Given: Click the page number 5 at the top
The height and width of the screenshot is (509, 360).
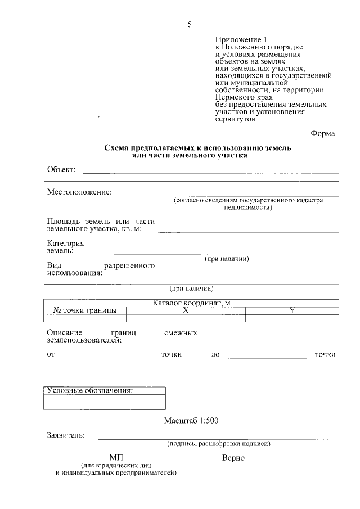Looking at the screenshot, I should [190, 24].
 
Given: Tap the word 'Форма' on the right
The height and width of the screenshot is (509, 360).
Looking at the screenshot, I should [322, 133].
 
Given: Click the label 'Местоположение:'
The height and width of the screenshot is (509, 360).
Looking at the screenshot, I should [79, 192].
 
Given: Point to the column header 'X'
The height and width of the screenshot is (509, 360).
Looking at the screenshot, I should [185, 310].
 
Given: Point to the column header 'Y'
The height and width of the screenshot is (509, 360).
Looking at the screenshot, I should [292, 310].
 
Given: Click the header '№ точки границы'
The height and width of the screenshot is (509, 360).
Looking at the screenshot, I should [85, 310].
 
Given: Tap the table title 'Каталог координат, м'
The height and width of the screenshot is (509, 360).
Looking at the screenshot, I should [192, 303].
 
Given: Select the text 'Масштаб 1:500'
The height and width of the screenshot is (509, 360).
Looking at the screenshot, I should [191, 420].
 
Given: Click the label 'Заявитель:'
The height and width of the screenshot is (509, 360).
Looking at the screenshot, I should [66, 435].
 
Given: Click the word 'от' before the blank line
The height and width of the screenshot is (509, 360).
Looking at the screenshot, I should [51, 354].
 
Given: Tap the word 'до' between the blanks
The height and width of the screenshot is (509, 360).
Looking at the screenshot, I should [215, 355].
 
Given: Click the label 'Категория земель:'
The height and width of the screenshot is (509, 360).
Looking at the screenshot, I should [65, 247].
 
